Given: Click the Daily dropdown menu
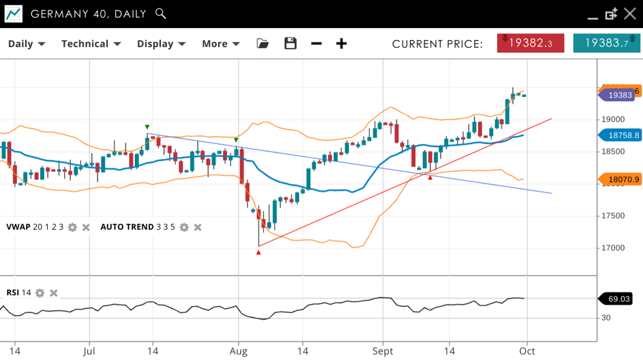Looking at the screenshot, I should point(26,44).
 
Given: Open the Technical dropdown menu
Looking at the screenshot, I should point(91,44).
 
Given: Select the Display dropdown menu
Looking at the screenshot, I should point(161,44).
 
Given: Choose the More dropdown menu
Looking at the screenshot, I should point(221,44).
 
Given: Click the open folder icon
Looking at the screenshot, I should point(263,44).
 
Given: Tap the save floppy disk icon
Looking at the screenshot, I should point(291,44).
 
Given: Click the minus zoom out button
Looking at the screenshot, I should point(316,44).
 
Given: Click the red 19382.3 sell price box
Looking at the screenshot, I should point(530,43).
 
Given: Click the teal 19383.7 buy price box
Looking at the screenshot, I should point(606,43).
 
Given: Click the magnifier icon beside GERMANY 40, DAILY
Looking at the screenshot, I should point(161,14).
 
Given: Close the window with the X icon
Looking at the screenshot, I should point(630,14).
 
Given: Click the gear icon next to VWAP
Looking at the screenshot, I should point(73,228).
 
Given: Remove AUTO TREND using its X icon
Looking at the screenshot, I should point(198,228).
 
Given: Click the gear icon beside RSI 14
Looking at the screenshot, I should point(40,293).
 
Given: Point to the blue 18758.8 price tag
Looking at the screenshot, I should point(619,135).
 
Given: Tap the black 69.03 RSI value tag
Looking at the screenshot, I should point(615,299).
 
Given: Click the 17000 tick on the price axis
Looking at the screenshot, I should point(614,248).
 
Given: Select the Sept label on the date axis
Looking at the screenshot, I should point(383,351).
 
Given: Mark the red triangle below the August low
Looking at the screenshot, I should point(259,252).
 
